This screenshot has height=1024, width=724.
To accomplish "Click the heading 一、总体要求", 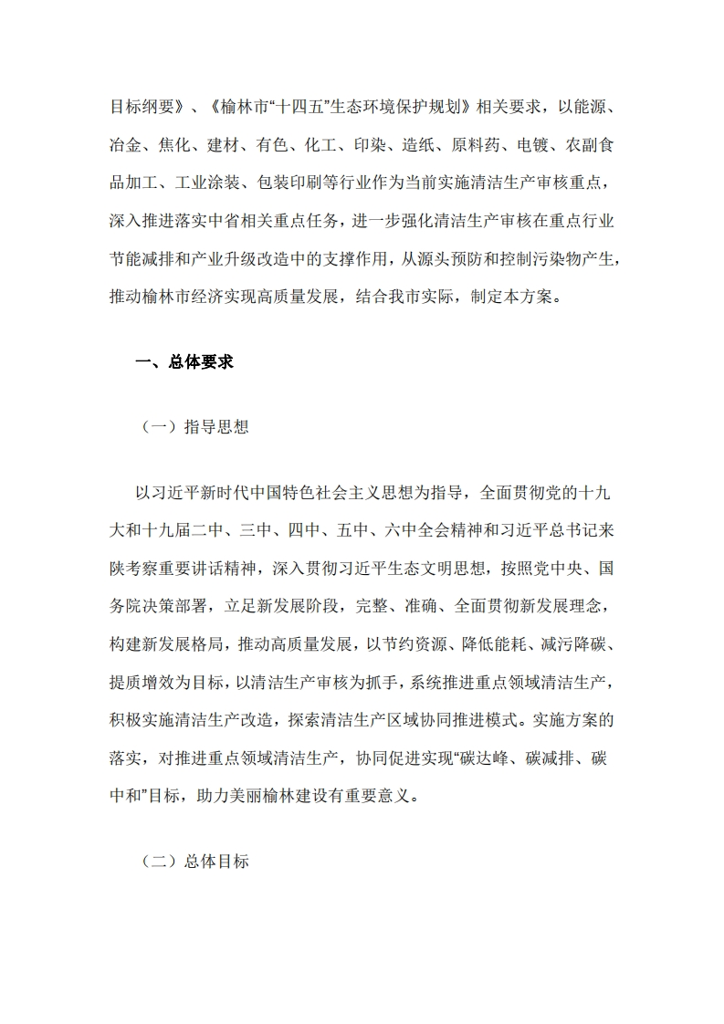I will pyautogui.click(x=184, y=362).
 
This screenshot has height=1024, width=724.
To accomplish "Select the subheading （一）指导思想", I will pyautogui.click(x=194, y=427).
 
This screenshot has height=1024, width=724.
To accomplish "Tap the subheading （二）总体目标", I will pyautogui.click(x=194, y=862).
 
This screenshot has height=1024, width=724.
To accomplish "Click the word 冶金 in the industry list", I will pyautogui.click(x=124, y=144).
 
